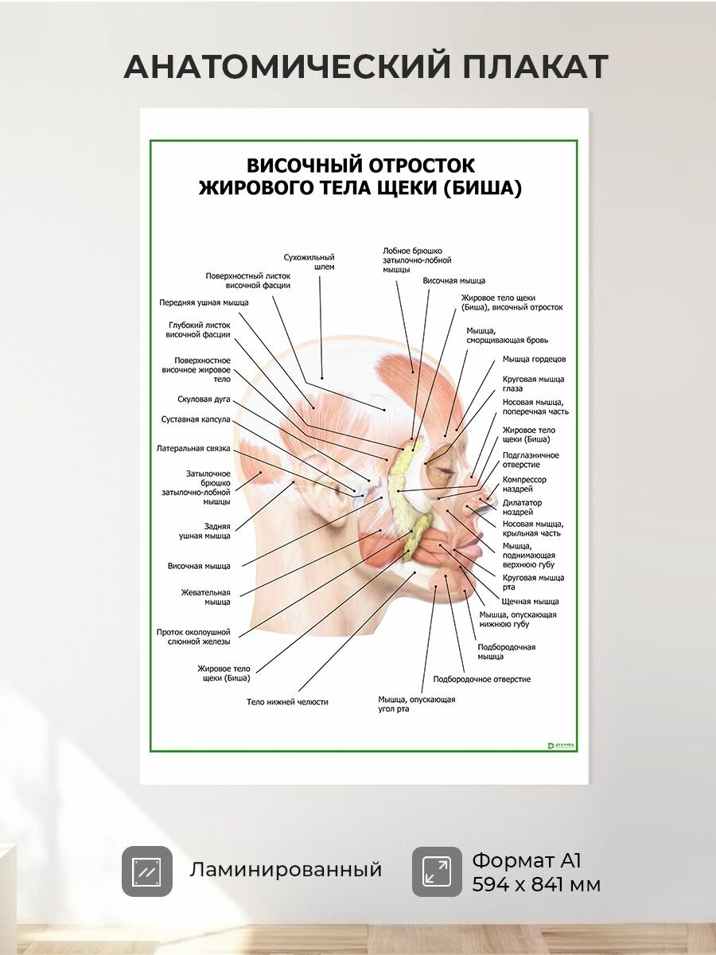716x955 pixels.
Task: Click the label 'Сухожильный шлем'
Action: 309,262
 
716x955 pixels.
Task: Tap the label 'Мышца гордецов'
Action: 535,359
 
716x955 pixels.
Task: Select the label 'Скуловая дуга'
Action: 204,400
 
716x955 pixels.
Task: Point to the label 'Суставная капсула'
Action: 196,419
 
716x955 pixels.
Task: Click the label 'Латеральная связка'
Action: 193,448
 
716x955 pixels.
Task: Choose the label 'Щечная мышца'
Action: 531,602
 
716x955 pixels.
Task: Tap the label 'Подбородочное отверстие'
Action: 482,679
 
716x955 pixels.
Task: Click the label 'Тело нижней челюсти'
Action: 287,701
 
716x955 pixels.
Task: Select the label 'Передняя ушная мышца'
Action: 204,302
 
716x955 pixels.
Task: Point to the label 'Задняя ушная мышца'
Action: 204,531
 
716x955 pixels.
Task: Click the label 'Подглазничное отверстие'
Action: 531,459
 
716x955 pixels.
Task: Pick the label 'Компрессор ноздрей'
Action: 524,484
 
